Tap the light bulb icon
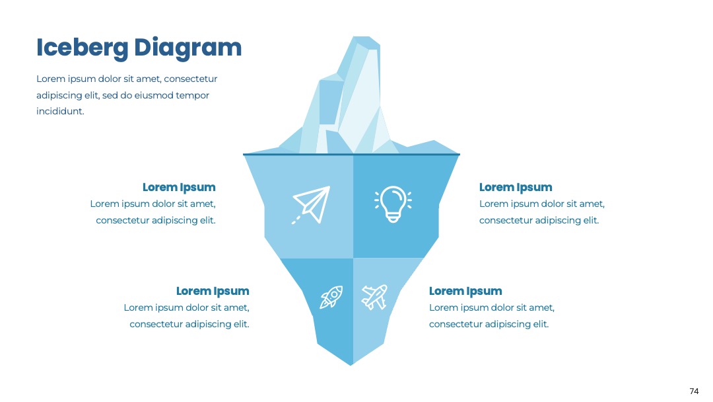click(393, 204)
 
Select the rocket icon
click(331, 297)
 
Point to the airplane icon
click(374, 297)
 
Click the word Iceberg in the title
click(83, 48)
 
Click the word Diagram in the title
click(187, 48)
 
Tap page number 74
click(694, 391)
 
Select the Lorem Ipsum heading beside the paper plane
click(179, 188)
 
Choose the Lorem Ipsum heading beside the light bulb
click(516, 188)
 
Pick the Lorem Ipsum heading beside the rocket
click(213, 292)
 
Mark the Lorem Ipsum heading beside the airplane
click(465, 292)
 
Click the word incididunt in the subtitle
click(61, 111)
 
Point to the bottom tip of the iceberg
click(351, 365)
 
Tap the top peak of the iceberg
click(362, 37)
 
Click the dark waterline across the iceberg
click(351, 154)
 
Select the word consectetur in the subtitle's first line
click(191, 79)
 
